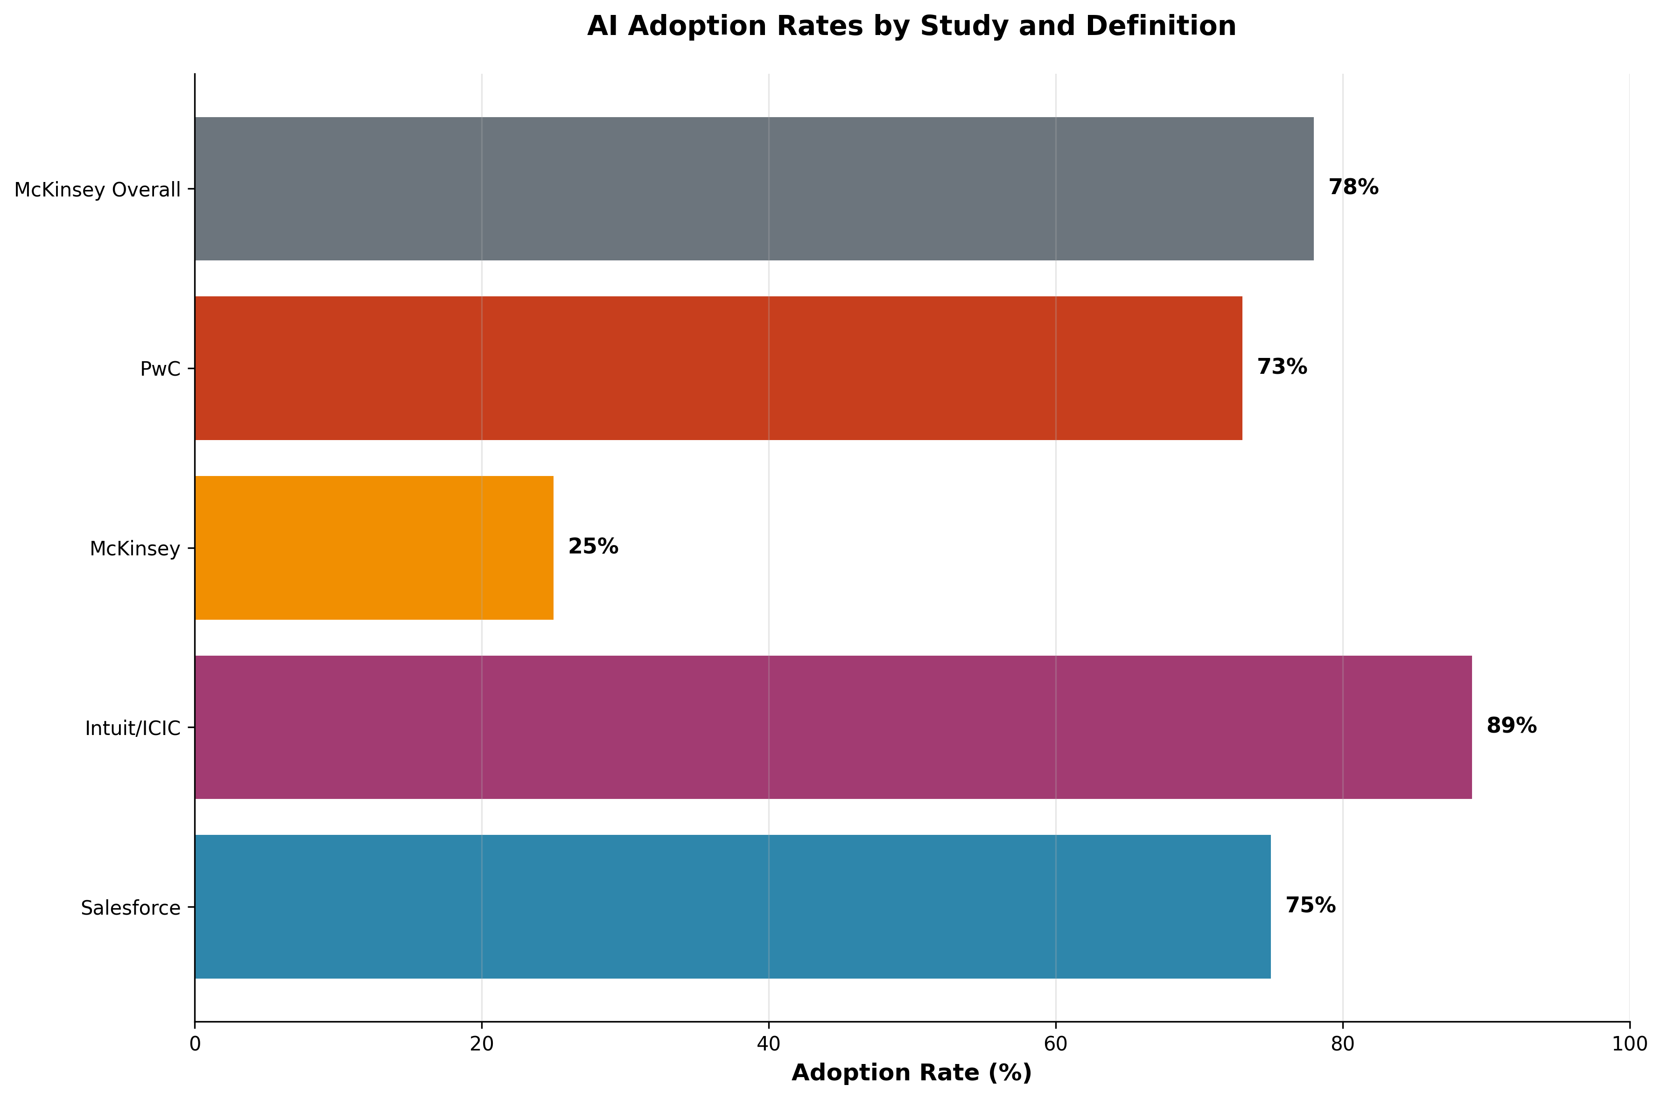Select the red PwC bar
coord(718,368)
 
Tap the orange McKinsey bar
coord(374,547)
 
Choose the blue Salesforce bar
coord(732,906)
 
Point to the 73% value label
coord(1281,367)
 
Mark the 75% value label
coord(1310,905)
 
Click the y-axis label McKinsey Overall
coord(98,190)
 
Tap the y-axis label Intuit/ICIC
coord(133,728)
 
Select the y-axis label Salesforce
coord(130,908)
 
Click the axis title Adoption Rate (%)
coord(911,1072)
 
